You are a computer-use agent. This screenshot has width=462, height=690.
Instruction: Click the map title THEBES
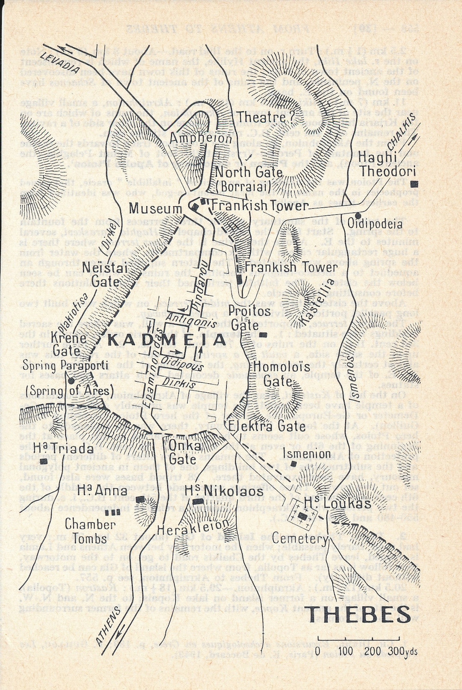click(358, 615)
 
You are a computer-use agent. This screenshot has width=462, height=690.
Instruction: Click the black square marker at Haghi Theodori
click(414, 184)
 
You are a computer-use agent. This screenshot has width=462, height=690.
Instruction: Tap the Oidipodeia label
click(375, 224)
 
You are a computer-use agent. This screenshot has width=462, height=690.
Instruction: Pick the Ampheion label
click(200, 138)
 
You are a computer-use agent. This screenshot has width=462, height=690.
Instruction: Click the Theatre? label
click(267, 117)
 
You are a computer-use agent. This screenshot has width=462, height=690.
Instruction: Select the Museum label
click(156, 209)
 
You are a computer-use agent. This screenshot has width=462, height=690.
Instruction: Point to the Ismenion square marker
click(293, 464)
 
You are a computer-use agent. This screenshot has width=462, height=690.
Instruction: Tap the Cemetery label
click(300, 539)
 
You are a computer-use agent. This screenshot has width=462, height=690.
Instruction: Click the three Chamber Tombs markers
click(112, 512)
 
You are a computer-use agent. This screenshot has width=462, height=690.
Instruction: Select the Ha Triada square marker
click(43, 461)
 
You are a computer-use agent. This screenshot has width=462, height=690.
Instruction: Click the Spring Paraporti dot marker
click(72, 380)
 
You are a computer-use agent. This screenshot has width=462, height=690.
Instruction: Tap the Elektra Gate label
click(267, 426)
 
